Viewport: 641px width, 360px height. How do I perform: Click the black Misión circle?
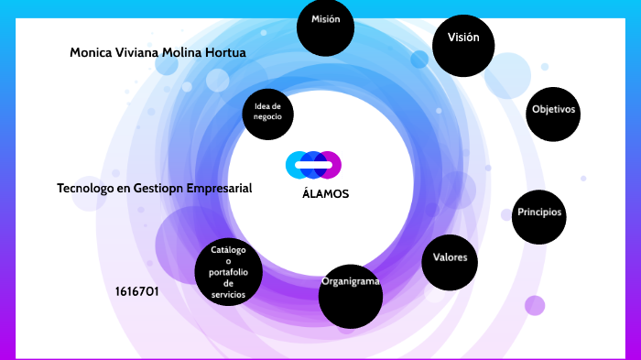[325, 27]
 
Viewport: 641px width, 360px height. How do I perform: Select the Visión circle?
[463, 46]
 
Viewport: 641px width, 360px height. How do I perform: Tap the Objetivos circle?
[553, 115]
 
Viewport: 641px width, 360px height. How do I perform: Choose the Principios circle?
[539, 217]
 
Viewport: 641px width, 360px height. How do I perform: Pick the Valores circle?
[450, 262]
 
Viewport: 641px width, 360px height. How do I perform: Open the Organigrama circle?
[351, 296]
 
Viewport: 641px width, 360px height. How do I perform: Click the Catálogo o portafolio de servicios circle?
[229, 272]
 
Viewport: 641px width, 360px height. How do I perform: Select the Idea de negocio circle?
[267, 115]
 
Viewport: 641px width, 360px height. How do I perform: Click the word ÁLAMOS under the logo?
[325, 193]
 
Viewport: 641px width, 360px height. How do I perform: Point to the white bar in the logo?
[313, 165]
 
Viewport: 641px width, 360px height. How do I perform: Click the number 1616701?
[137, 291]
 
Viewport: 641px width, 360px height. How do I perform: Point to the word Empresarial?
[219, 189]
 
